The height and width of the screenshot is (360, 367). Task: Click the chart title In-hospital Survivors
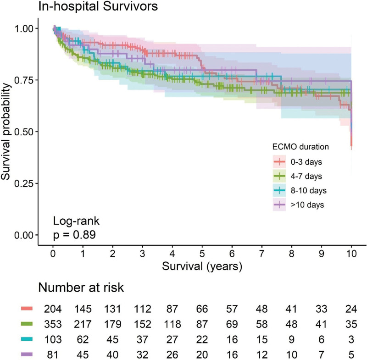point(98,6)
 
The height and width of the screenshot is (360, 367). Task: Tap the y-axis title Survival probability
point(6,132)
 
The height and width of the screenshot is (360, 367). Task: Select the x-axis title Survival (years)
point(202,266)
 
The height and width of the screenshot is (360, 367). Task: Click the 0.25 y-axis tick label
point(23,183)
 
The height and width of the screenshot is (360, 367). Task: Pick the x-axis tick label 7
point(261,254)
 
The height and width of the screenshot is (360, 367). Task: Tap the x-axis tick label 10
point(351,254)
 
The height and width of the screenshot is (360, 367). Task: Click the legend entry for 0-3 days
point(297,162)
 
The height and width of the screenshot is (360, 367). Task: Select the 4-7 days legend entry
point(297,176)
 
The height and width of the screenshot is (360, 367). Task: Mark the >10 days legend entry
point(299,205)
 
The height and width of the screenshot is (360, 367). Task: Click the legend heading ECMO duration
point(300,147)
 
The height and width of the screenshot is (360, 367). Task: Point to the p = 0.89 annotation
point(74,235)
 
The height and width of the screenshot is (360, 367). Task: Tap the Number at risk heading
point(81,288)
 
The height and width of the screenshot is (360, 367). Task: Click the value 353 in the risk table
point(53,324)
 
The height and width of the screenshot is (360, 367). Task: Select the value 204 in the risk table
point(53,309)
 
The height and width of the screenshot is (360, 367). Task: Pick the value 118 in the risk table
point(172,324)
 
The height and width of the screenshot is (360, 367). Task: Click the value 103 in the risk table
point(53,339)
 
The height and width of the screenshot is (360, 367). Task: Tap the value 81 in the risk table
point(53,354)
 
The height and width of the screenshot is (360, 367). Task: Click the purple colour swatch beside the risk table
point(27,354)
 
